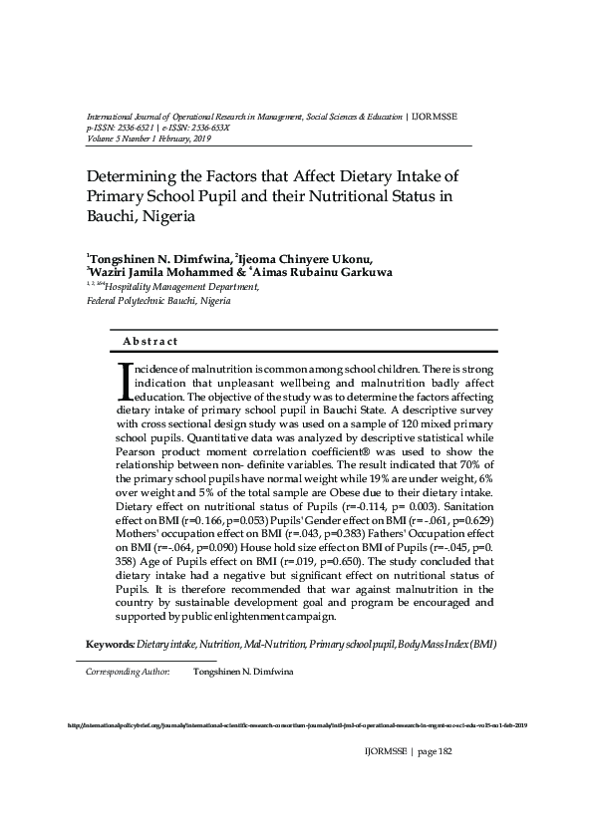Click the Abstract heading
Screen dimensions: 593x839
[x=150, y=342]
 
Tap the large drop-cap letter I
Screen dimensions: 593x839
[x=125, y=381]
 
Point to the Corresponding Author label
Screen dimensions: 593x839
[x=128, y=673]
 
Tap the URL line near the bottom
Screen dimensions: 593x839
[x=296, y=725]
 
